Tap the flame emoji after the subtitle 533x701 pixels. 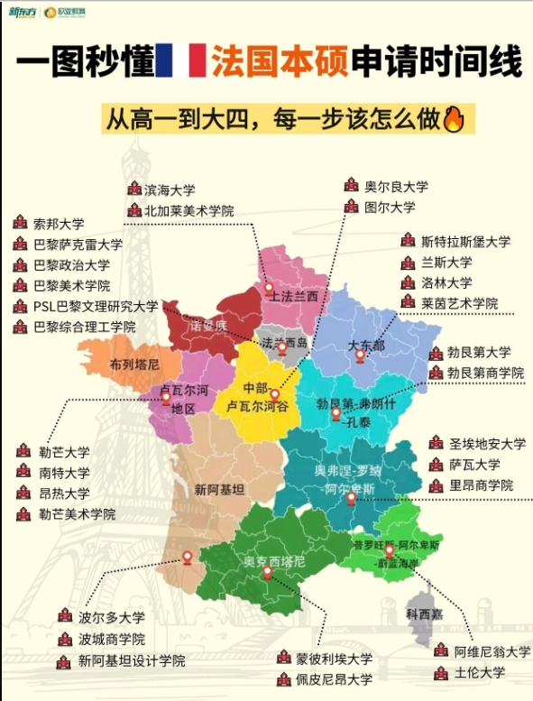pos(453,120)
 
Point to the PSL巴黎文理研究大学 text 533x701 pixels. pos(96,306)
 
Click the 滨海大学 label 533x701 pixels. pos(170,189)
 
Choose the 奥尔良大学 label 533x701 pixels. pos(396,186)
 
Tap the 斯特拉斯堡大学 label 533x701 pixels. pos(465,242)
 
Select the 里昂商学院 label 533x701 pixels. pos(482,485)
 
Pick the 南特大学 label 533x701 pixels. pos(64,472)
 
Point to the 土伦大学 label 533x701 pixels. pos(480,672)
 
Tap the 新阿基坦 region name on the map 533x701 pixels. pos(219,490)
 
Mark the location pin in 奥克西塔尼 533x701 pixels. pos(267,573)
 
